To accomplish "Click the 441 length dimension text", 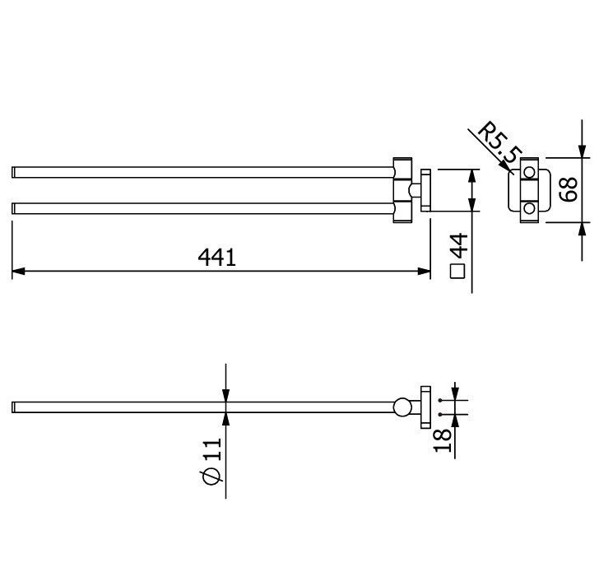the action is click(217, 258).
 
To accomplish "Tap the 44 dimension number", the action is click(459, 245).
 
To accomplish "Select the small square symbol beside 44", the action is click(457, 272).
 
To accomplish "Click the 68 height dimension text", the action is click(568, 189).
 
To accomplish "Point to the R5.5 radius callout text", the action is click(499, 142).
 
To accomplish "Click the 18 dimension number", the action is click(443, 440).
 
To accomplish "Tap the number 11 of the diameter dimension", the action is click(212, 449).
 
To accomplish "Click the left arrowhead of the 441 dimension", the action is click(19, 272).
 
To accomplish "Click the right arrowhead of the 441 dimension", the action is click(424, 272).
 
